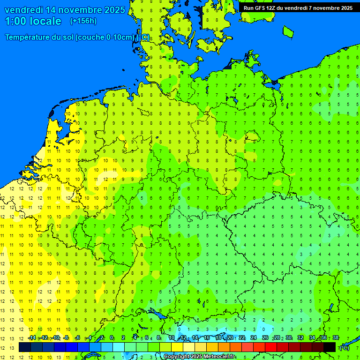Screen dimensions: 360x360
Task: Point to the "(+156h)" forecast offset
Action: click(83, 21)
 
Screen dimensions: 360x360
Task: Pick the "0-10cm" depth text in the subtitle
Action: click(119, 37)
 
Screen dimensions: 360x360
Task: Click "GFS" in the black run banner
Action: click(260, 8)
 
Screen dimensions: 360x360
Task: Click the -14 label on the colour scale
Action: click(32, 337)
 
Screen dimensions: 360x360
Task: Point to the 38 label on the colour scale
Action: click(336, 337)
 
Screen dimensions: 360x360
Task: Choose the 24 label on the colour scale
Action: click(253, 337)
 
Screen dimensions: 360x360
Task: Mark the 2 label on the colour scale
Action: click(124, 337)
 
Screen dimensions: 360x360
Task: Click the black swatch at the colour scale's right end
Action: click(330, 347)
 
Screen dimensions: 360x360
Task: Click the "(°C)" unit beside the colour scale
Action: click(344, 347)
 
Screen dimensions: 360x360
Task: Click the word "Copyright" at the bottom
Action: click(176, 357)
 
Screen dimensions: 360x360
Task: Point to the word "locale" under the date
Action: click(45, 21)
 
